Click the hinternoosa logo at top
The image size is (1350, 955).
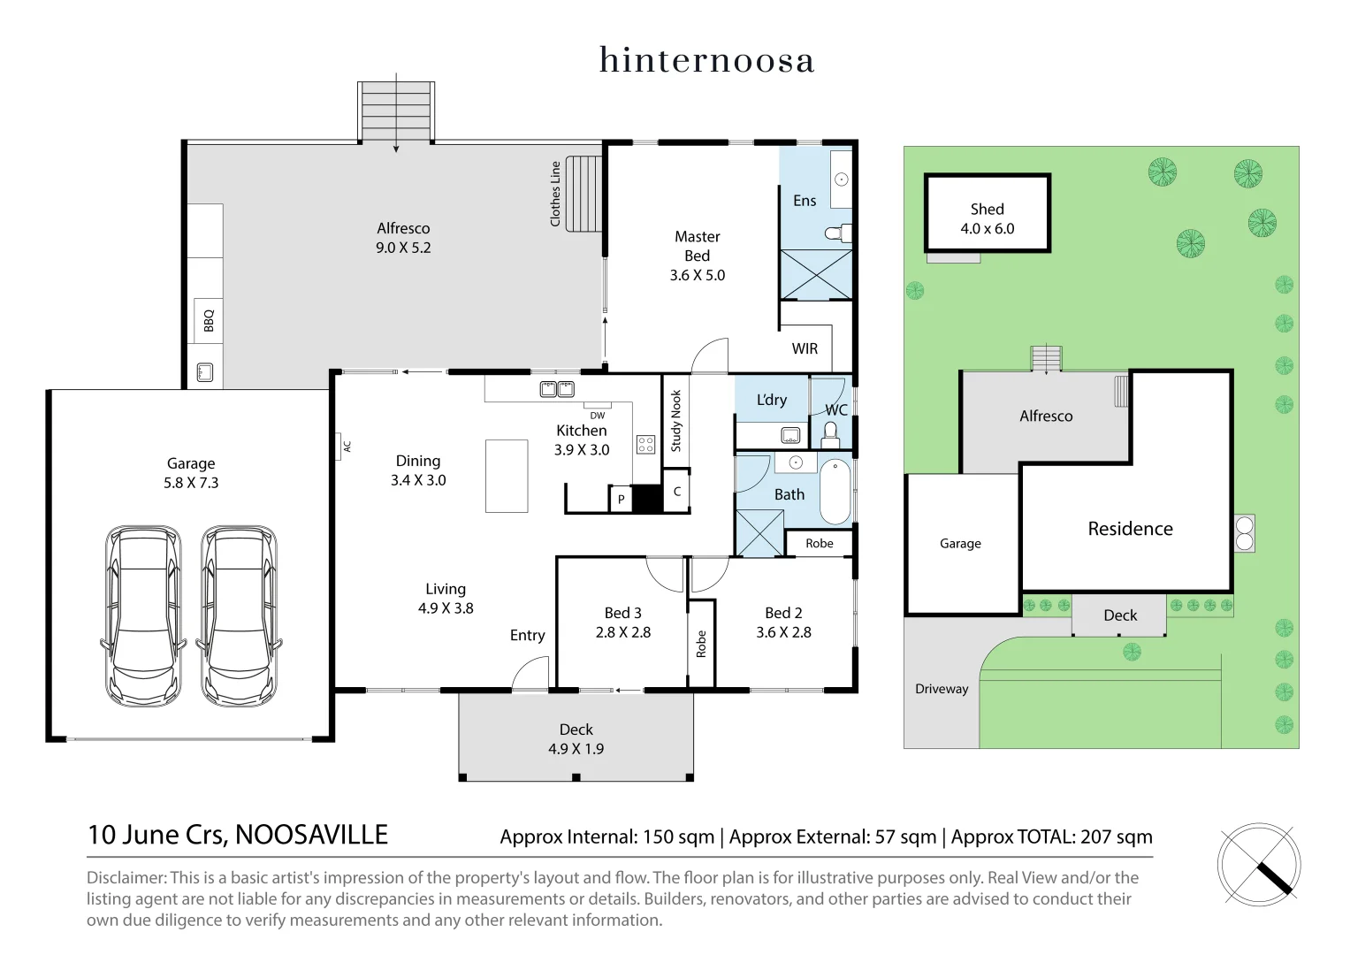pyautogui.click(x=706, y=60)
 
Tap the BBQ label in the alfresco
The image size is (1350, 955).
pyautogui.click(x=209, y=320)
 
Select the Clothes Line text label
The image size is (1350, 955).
pyautogui.click(x=555, y=194)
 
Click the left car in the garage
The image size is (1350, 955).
pyautogui.click(x=143, y=615)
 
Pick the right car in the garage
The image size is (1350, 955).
pyautogui.click(x=237, y=615)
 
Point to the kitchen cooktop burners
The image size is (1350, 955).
pyautogui.click(x=645, y=444)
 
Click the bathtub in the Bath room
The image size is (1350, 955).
pyautogui.click(x=835, y=492)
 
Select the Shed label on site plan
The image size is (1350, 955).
pyautogui.click(x=987, y=210)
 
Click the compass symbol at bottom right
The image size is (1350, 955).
pyautogui.click(x=1259, y=865)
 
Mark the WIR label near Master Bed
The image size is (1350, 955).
pyautogui.click(x=805, y=348)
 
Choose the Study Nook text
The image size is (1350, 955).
pyautogui.click(x=676, y=421)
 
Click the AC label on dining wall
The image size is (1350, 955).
pyautogui.click(x=347, y=447)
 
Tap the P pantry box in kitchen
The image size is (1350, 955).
pyautogui.click(x=622, y=500)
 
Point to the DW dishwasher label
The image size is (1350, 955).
pyautogui.click(x=598, y=416)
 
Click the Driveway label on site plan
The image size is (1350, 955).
pyautogui.click(x=942, y=689)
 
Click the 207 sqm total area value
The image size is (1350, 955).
pyautogui.click(x=1116, y=837)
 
